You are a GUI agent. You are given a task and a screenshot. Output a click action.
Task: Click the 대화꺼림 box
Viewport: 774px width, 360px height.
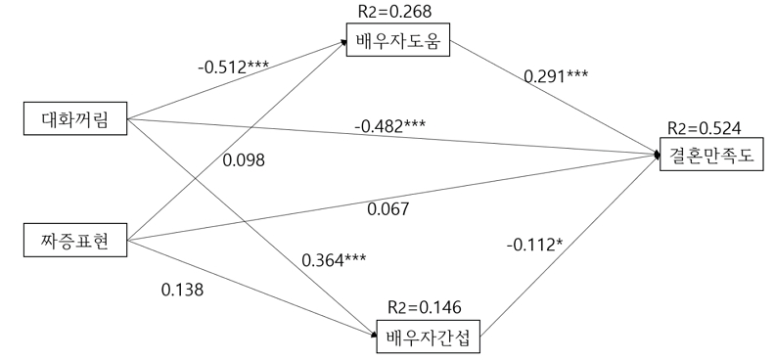pyautogui.click(x=75, y=118)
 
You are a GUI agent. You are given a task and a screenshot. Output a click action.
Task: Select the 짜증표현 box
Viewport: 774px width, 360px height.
pyautogui.click(x=75, y=240)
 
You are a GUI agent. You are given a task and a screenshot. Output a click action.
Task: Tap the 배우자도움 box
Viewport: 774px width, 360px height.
pyautogui.click(x=398, y=39)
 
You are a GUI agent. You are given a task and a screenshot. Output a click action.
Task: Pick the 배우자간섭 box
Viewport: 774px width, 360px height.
pyautogui.click(x=428, y=337)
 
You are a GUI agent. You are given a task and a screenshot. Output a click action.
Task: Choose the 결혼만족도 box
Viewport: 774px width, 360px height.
pyautogui.click(x=711, y=154)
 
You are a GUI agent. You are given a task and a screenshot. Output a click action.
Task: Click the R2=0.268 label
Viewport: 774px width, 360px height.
pyautogui.click(x=394, y=12)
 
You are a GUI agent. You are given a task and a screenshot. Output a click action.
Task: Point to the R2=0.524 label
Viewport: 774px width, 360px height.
pyautogui.click(x=704, y=128)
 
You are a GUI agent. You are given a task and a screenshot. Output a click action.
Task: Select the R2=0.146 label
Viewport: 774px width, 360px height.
pyautogui.click(x=425, y=307)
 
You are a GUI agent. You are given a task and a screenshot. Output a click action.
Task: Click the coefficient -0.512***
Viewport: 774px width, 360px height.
pyautogui.click(x=234, y=67)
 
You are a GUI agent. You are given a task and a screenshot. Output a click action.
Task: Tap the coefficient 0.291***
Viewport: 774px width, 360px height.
pyautogui.click(x=556, y=76)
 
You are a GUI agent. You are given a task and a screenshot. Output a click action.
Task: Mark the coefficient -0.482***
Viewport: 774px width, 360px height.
pyautogui.click(x=389, y=126)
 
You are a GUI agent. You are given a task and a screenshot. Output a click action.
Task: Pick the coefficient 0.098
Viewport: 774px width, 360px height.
pyautogui.click(x=244, y=160)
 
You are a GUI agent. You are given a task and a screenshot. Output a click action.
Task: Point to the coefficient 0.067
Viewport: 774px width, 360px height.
pyautogui.click(x=388, y=209)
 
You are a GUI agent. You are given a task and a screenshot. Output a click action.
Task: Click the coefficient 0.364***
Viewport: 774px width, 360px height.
pyautogui.click(x=334, y=260)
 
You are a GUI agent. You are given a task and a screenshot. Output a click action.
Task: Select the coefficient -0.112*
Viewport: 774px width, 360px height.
pyautogui.click(x=534, y=244)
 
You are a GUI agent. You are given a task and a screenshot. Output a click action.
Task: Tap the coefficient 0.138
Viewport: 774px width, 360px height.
pyautogui.click(x=182, y=290)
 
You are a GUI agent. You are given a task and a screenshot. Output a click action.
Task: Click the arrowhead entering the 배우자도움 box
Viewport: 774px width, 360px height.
pyautogui.click(x=343, y=42)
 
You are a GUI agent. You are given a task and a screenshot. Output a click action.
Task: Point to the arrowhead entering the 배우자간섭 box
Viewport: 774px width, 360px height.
pyautogui.click(x=374, y=336)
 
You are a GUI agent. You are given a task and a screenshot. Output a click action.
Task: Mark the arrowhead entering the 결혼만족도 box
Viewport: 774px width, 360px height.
pyautogui.click(x=657, y=155)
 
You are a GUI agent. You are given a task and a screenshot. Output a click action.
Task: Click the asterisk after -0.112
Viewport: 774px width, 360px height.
pyautogui.click(x=560, y=241)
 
